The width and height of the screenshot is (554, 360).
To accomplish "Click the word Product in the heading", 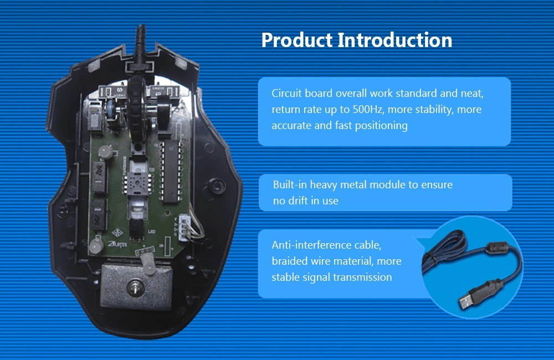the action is click(x=297, y=40).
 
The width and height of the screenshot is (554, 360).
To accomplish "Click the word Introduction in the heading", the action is click(x=395, y=40).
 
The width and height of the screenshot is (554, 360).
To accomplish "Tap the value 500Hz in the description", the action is click(x=368, y=110).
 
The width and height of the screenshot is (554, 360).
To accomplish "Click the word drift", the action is click(x=299, y=200).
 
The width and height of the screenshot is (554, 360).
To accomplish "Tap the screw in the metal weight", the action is click(x=135, y=286).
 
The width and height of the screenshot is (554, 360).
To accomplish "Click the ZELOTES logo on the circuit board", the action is click(x=117, y=244).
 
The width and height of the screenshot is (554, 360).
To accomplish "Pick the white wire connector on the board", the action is click(x=184, y=227).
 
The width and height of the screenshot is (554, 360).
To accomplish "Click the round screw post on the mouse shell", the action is click(x=217, y=186).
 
